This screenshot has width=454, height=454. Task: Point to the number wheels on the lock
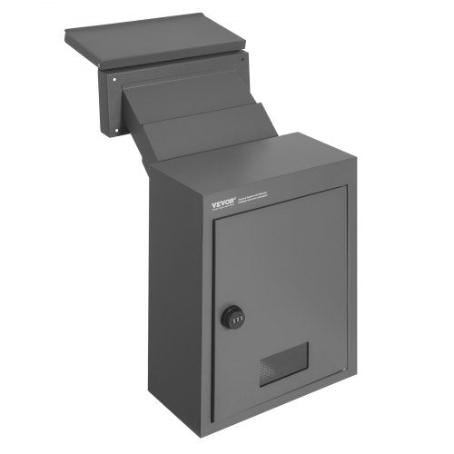click(235, 319)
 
